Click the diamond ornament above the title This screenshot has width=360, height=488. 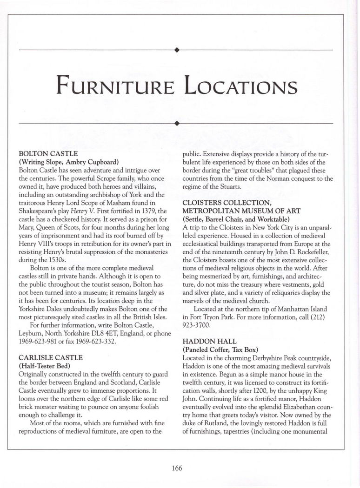coord(176,49)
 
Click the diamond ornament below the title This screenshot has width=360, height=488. coord(176,123)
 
